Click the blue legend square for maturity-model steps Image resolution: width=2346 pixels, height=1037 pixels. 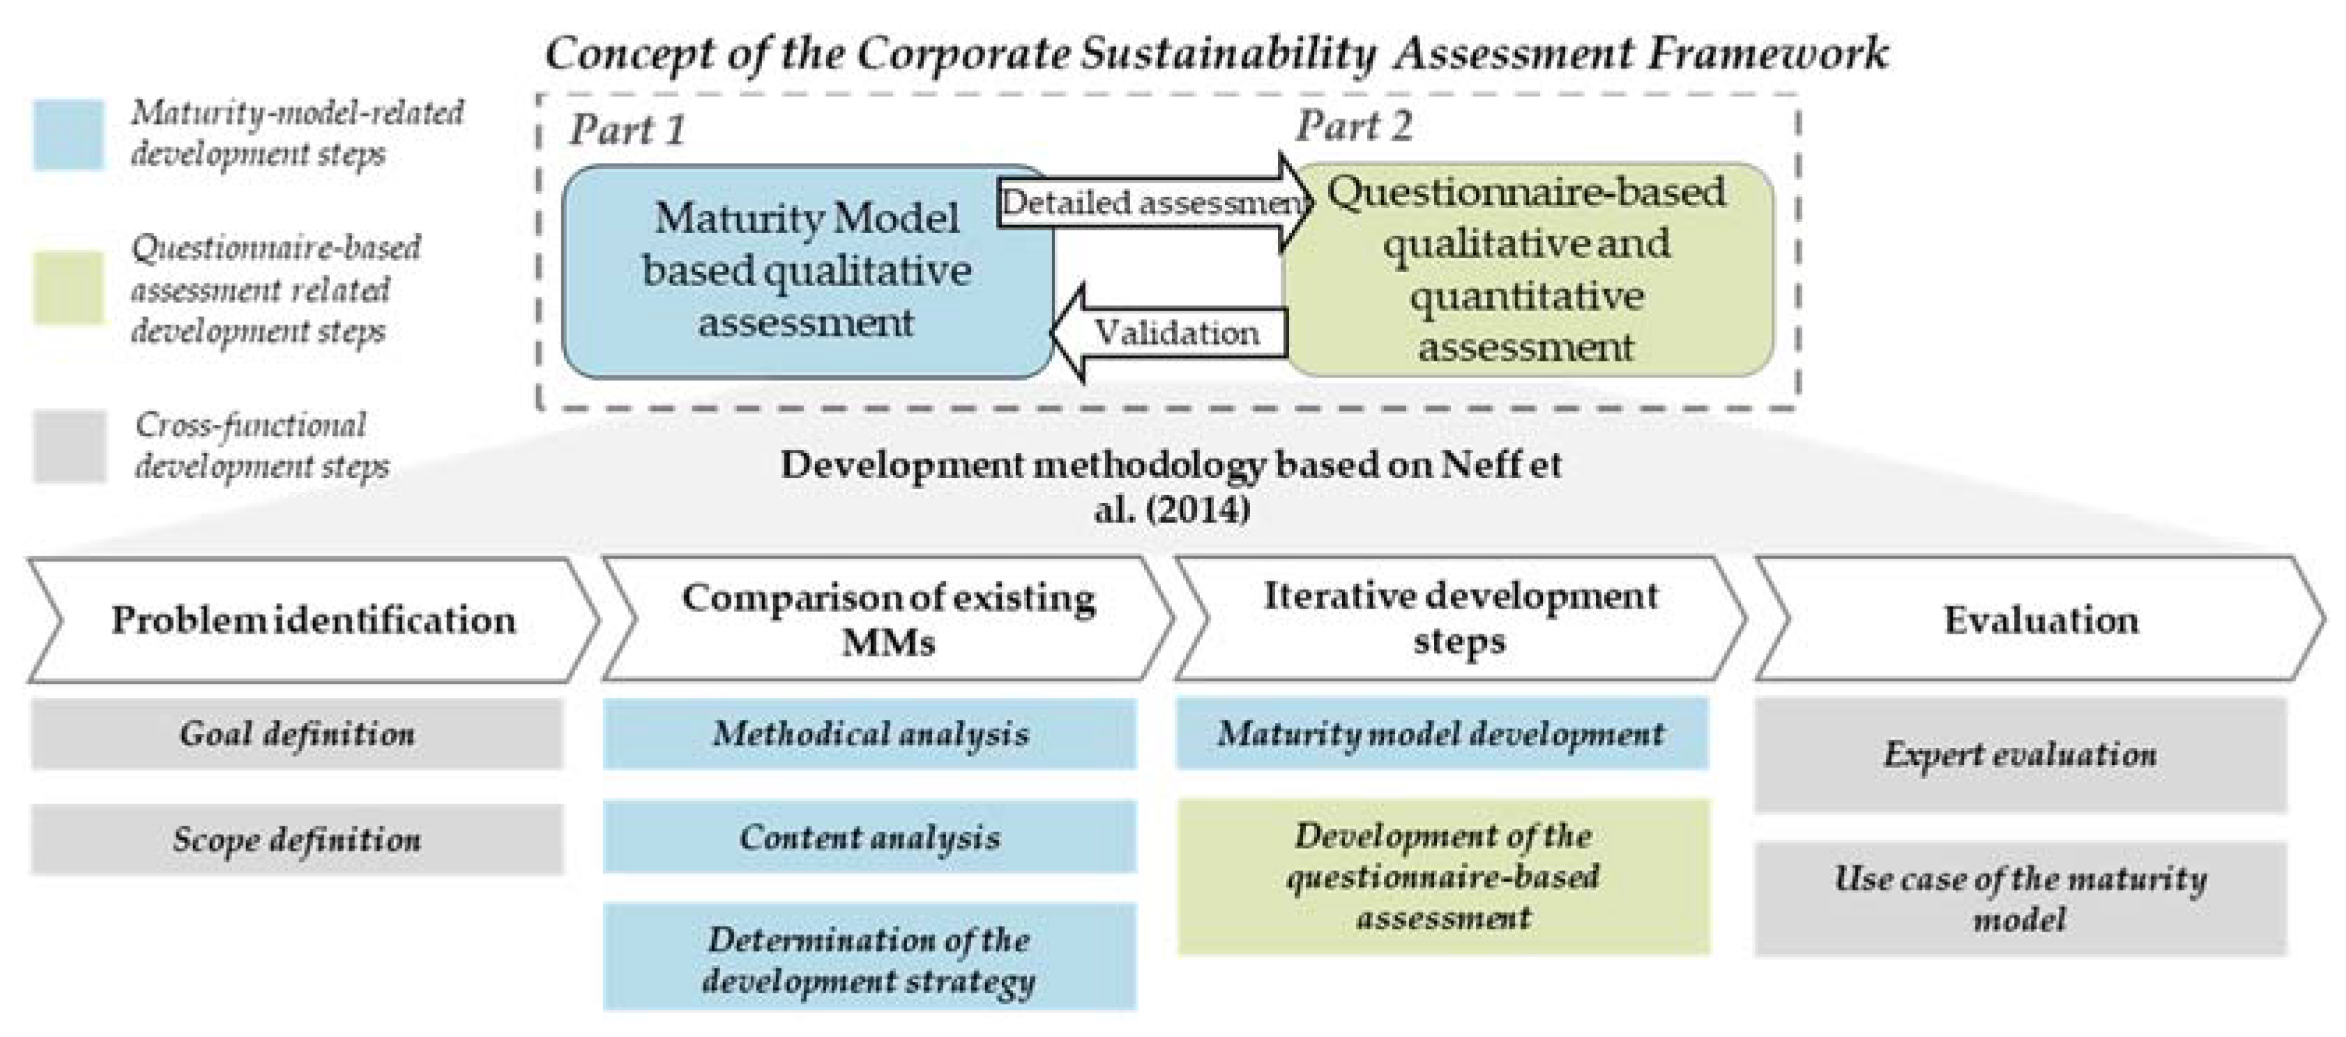click(68, 135)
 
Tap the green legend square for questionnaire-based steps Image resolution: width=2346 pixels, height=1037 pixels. click(68, 288)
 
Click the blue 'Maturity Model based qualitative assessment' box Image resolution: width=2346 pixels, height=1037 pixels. click(807, 271)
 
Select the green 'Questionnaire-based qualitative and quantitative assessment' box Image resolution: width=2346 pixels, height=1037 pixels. click(1528, 270)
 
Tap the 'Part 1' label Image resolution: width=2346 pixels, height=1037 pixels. click(627, 129)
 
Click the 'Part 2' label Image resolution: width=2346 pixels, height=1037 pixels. click(1353, 126)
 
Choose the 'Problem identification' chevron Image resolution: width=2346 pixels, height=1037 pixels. click(313, 620)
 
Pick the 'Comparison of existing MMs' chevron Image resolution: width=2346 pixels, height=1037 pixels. click(888, 620)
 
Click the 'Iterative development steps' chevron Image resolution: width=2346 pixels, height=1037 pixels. click(1459, 619)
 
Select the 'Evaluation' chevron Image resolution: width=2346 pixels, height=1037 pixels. click(2040, 620)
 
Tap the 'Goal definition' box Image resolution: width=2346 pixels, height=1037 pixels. click(297, 734)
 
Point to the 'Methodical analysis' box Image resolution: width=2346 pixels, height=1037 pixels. click(870, 734)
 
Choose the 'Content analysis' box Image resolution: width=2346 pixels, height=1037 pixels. click(870, 837)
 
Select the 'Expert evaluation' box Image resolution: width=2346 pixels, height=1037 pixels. click(2020, 754)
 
